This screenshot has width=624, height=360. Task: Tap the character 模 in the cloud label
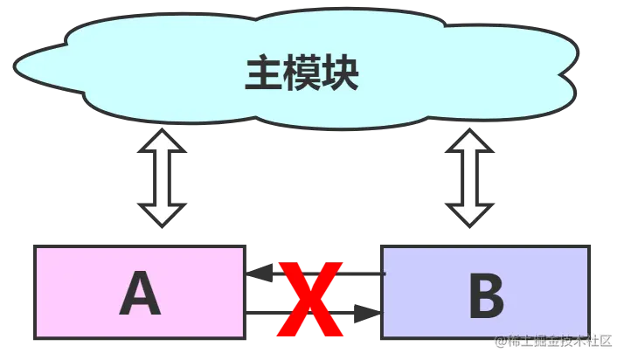[302, 75]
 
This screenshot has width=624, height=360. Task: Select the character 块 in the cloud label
[340, 75]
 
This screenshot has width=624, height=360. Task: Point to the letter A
[141, 294]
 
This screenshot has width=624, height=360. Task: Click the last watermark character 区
[604, 341]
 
